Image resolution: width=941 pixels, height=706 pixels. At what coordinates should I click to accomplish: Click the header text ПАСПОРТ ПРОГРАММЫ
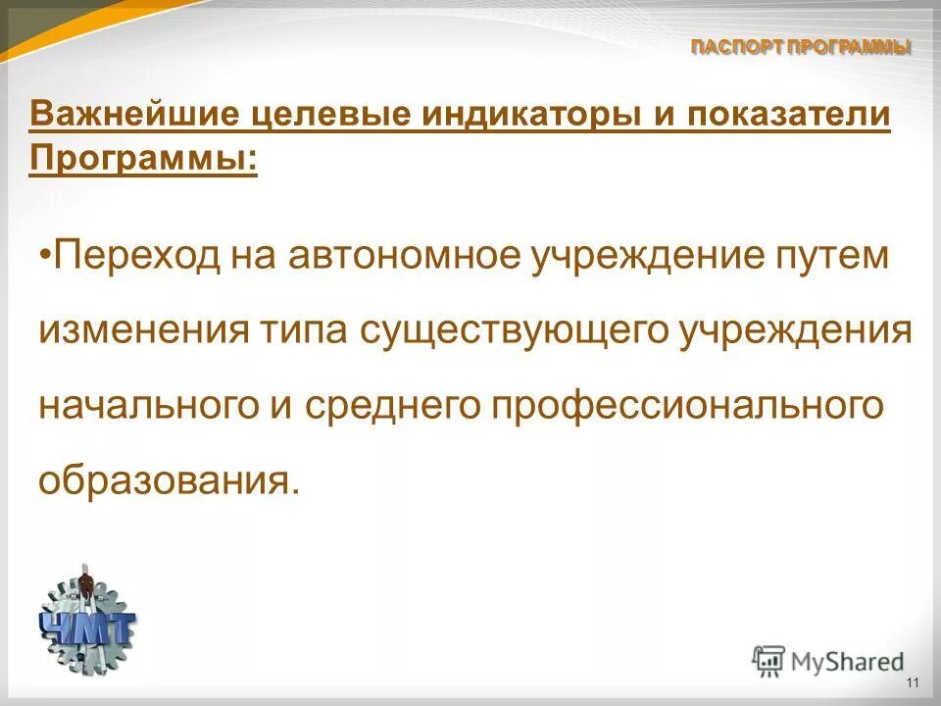coord(801,46)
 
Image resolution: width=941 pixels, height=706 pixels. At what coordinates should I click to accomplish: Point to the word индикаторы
coord(519,114)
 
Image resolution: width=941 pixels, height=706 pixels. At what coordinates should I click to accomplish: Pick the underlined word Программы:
coord(144,157)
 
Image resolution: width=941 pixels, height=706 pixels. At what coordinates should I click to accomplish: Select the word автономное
coord(403,258)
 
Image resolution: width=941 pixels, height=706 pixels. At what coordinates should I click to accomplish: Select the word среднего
coord(366,403)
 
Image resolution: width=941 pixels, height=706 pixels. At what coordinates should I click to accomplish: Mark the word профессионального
coord(672,403)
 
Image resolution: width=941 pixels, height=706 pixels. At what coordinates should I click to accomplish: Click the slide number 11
coord(913,683)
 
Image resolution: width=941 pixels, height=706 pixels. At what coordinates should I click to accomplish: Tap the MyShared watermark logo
coord(828,661)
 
